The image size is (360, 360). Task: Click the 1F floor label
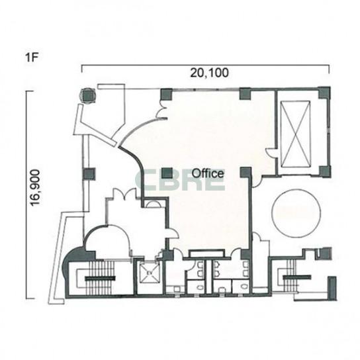tap(31, 58)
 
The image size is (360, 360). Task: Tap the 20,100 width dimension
tap(209, 73)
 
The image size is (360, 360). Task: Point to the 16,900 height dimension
tap(36, 187)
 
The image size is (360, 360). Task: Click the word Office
tap(208, 173)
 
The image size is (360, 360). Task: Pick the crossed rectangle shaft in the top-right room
tap(296, 134)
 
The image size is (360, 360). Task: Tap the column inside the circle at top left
tap(88, 96)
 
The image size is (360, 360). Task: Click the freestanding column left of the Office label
tap(167, 173)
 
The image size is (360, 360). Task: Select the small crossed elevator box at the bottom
tap(150, 273)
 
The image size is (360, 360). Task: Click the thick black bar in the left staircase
tap(101, 279)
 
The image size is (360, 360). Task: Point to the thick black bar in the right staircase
tap(297, 277)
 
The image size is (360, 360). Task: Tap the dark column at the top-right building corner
tap(324, 93)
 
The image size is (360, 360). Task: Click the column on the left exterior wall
tap(89, 174)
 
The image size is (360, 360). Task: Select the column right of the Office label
tap(246, 173)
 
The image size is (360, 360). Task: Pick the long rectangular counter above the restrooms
tap(206, 253)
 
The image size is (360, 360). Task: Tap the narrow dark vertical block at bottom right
tap(332, 288)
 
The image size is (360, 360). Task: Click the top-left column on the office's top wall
tap(166, 94)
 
